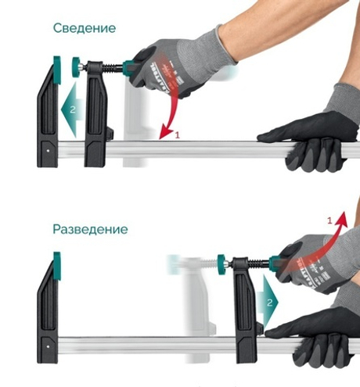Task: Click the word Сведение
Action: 85,28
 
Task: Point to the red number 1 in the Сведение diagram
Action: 177,135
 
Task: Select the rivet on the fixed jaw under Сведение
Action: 49,147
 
